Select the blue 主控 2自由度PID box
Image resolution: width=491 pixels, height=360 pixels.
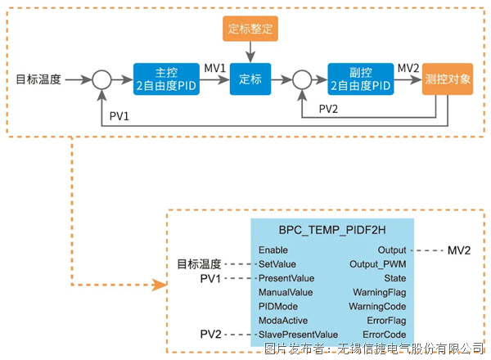point(166,79)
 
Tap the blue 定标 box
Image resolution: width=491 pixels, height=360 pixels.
point(250,79)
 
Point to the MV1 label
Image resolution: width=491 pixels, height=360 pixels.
point(214,67)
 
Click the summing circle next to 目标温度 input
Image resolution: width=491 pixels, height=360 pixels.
point(101,80)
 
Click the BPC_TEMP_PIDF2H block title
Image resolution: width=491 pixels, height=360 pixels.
point(332,231)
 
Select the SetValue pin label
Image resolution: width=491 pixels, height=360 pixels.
point(278,264)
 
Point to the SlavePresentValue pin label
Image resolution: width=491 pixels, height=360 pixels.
point(298,335)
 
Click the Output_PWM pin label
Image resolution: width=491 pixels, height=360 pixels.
point(378,264)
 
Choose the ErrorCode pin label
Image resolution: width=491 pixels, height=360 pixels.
point(385,335)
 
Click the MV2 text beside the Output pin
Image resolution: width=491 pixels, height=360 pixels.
point(459,250)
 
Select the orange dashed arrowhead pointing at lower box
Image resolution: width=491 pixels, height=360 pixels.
point(155,286)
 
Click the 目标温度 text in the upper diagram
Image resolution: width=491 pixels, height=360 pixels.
point(38,80)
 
